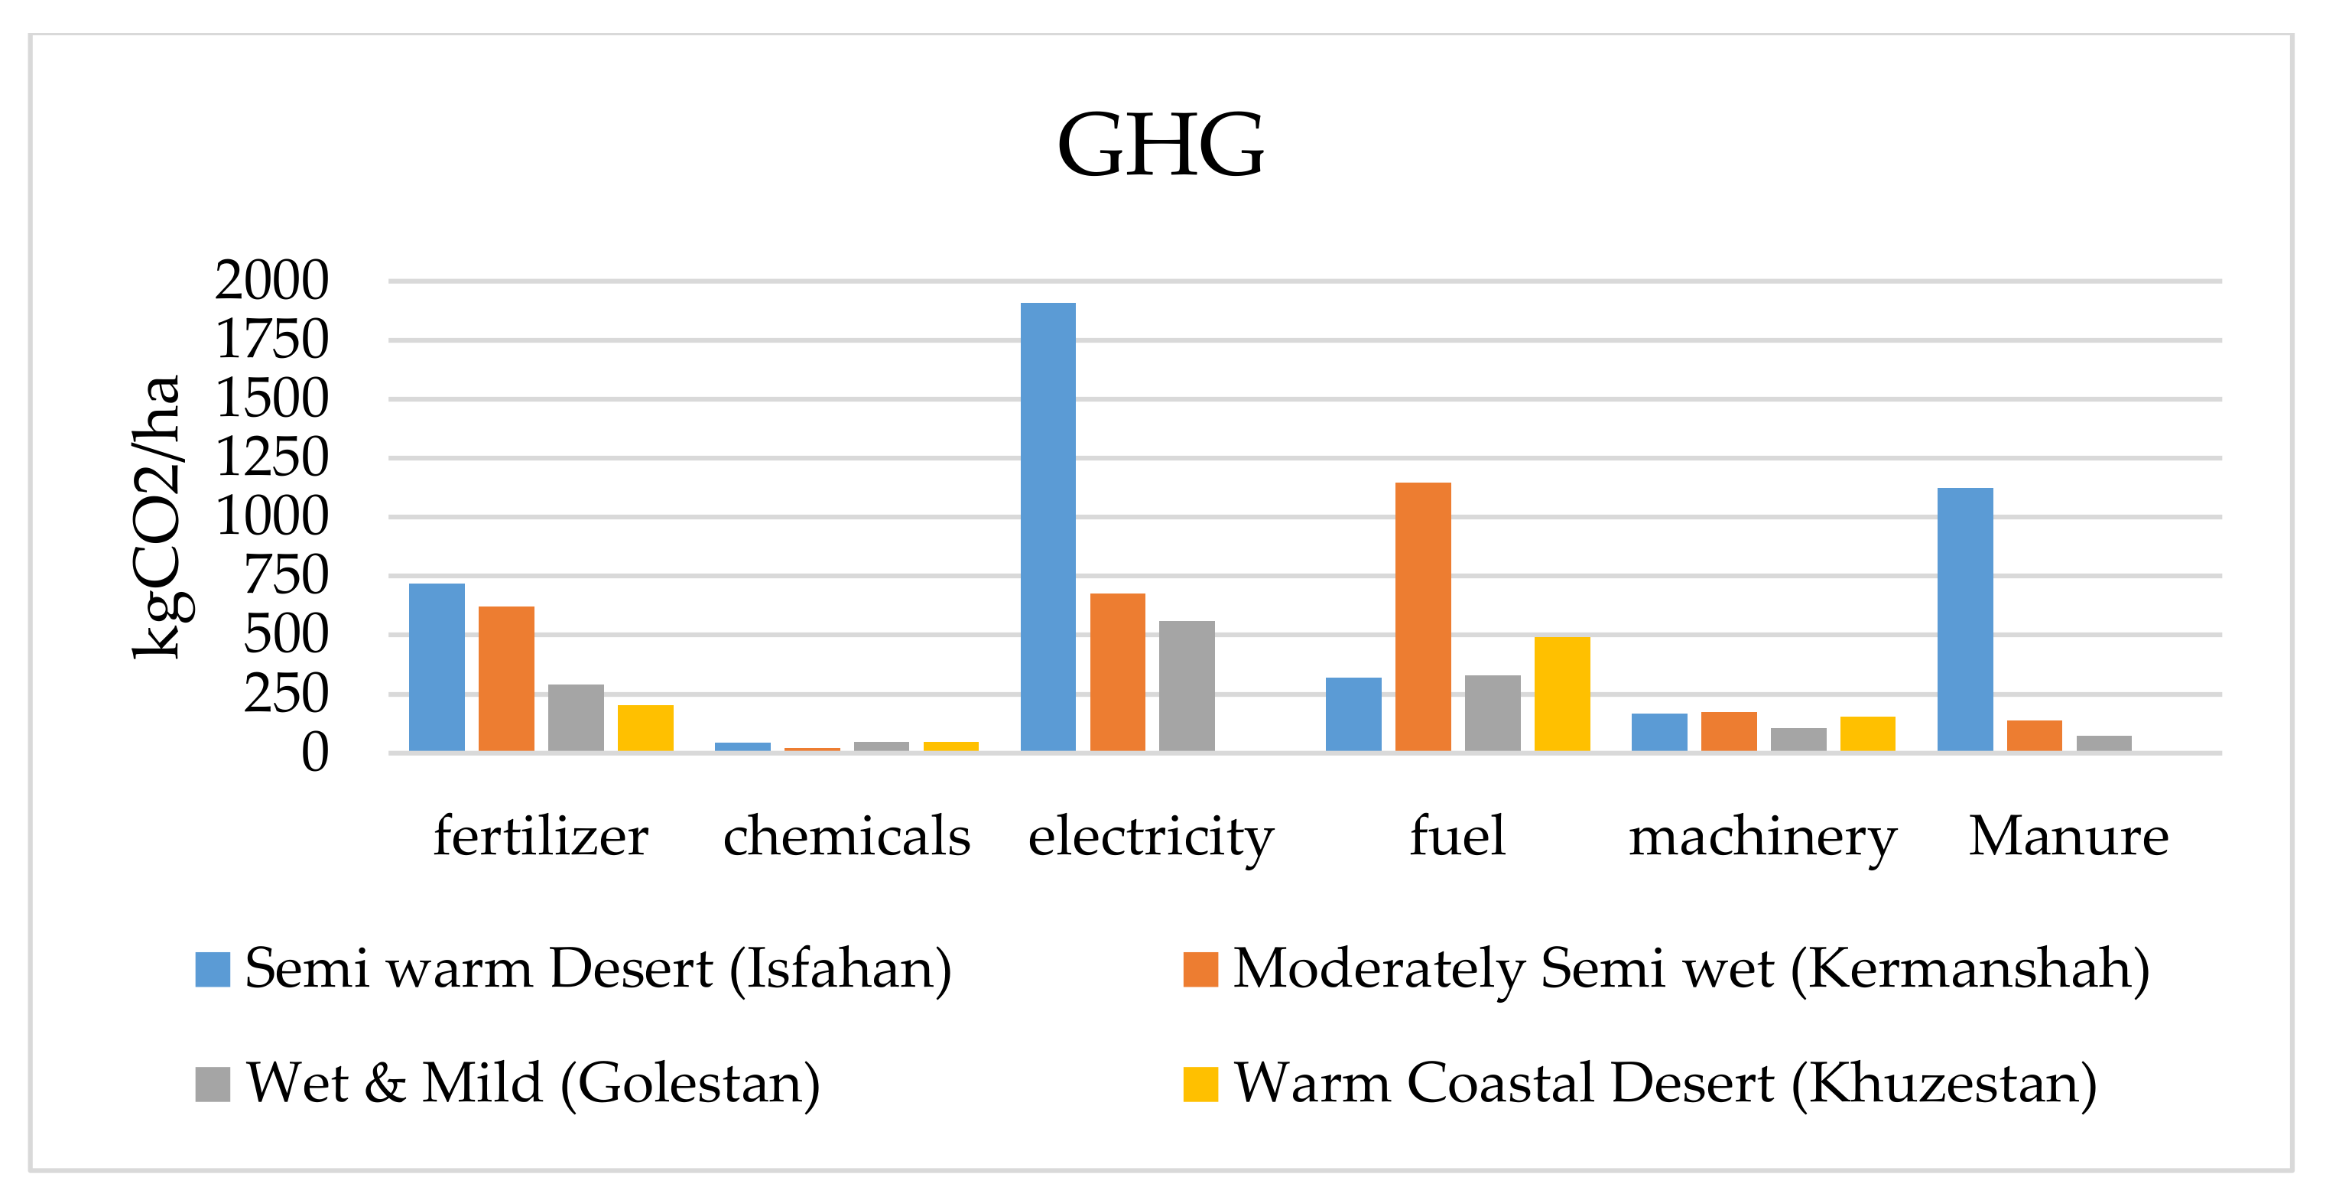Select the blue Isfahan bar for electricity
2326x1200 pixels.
click(1048, 526)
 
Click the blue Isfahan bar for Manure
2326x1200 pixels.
click(1965, 620)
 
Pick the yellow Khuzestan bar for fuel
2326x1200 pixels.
click(1561, 694)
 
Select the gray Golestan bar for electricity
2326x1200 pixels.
click(1187, 685)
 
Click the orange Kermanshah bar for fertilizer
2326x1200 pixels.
click(505, 678)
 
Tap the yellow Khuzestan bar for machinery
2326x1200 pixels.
click(1867, 733)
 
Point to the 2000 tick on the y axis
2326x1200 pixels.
click(271, 281)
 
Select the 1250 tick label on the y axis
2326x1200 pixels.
click(271, 458)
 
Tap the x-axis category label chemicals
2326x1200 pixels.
click(846, 836)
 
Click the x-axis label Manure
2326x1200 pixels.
click(2068, 836)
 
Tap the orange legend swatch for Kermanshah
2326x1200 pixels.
click(1200, 969)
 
